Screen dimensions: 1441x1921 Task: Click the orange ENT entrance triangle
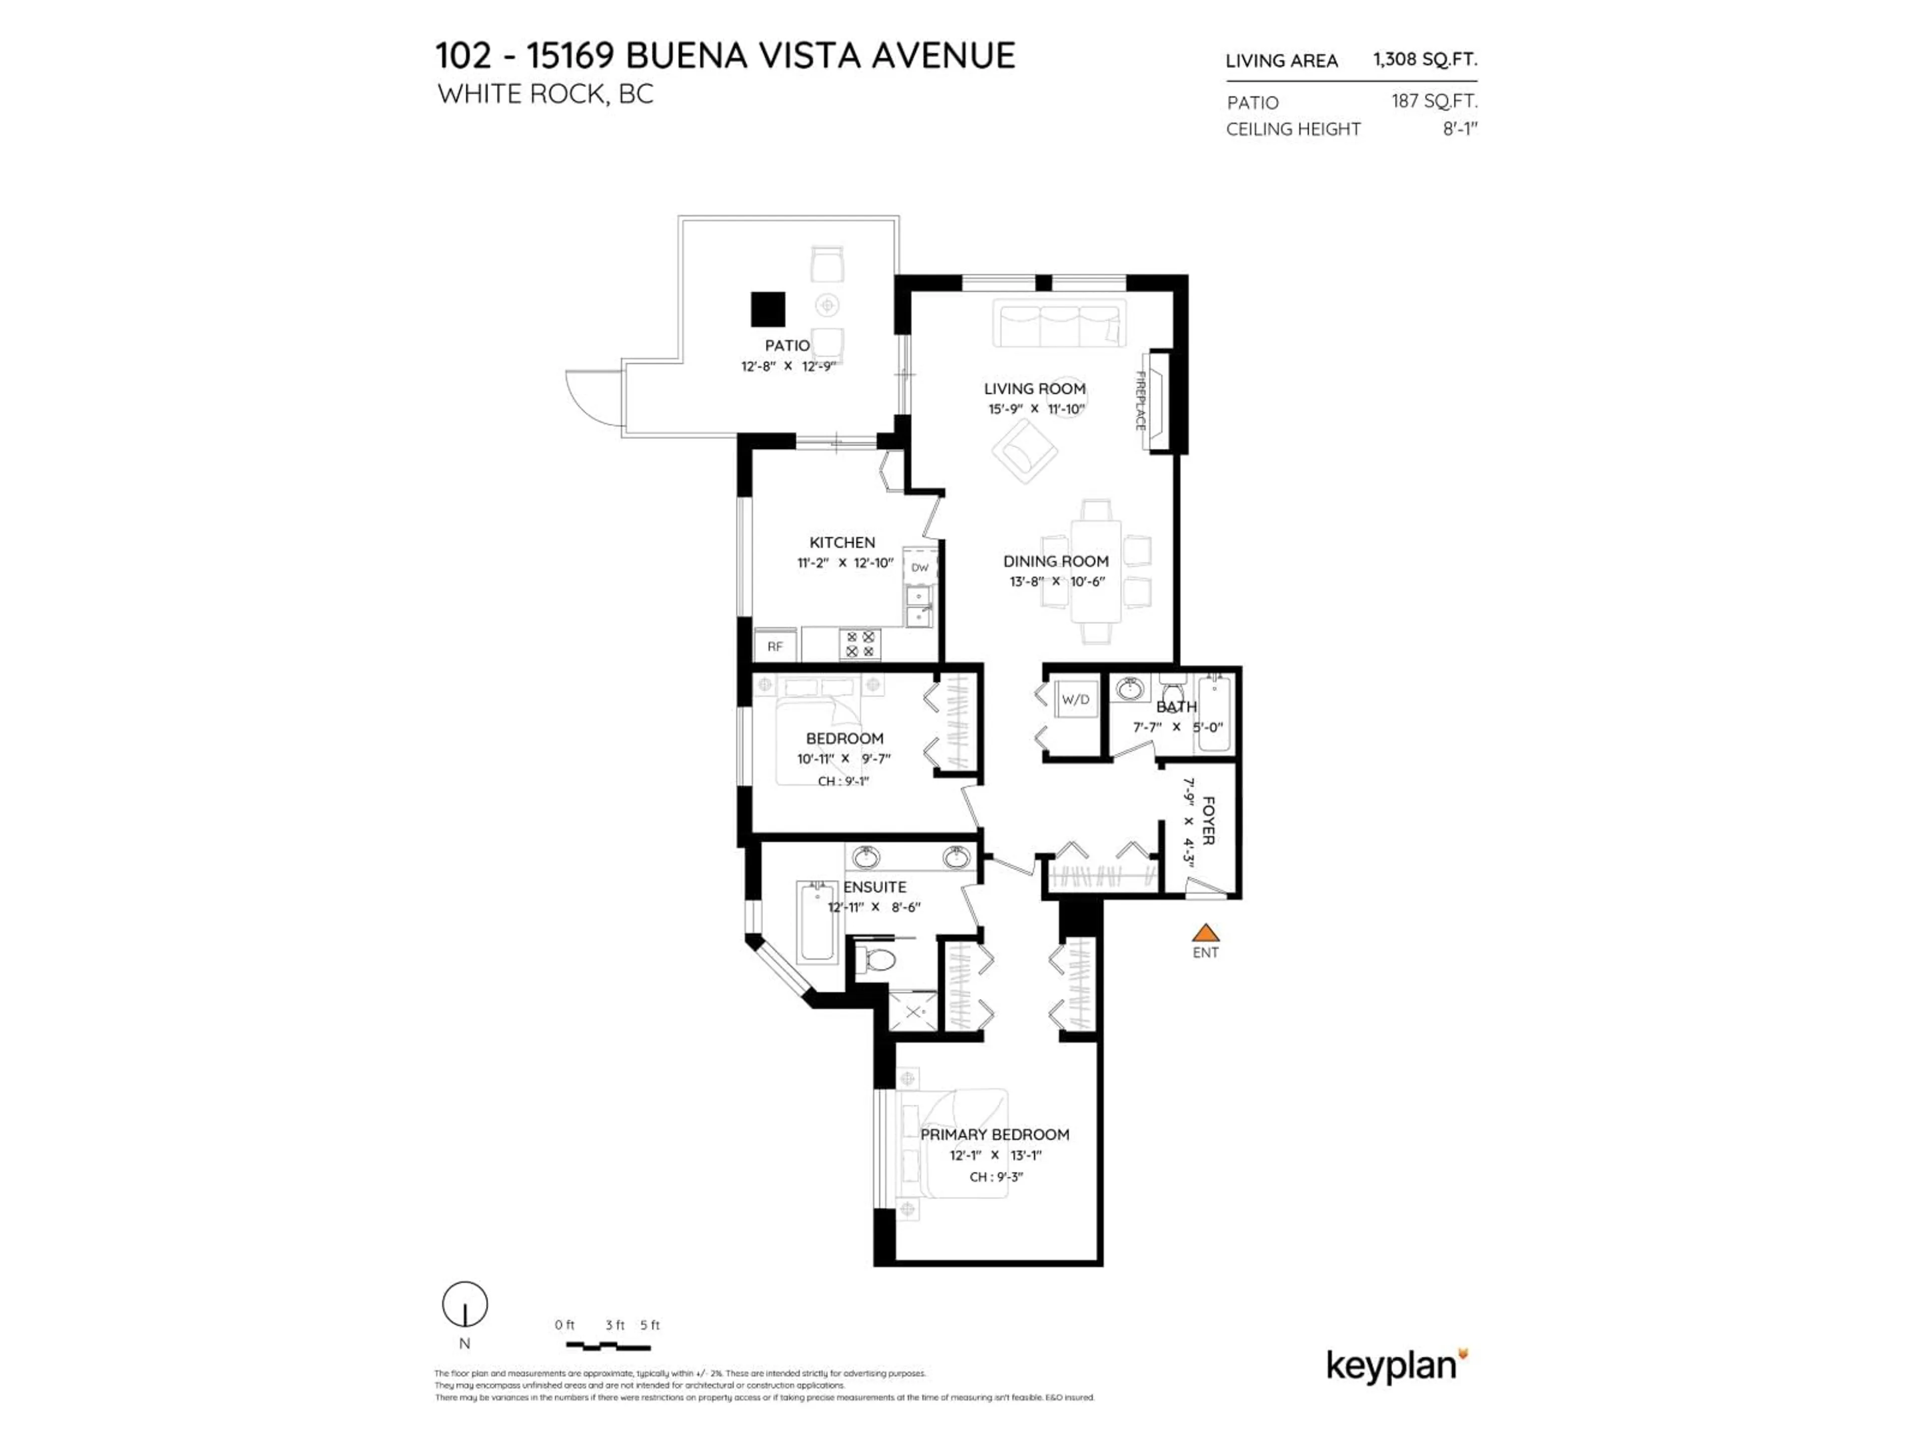coord(1205,934)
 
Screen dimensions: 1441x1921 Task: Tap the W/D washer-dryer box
coord(1075,699)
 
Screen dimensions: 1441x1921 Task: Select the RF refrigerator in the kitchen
coord(774,646)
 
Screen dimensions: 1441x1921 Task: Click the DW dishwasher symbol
coord(919,567)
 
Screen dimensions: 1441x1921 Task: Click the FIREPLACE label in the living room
coord(1140,400)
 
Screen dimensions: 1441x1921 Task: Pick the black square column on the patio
coord(768,309)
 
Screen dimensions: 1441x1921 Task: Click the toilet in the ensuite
coord(877,961)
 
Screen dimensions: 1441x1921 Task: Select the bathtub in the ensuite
coord(816,922)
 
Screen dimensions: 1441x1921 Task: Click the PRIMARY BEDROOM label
coord(995,1134)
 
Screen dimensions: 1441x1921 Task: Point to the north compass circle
coord(465,1304)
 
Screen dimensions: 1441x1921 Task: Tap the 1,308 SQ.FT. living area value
coord(1424,59)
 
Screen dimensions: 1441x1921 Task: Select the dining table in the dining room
coord(1096,570)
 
